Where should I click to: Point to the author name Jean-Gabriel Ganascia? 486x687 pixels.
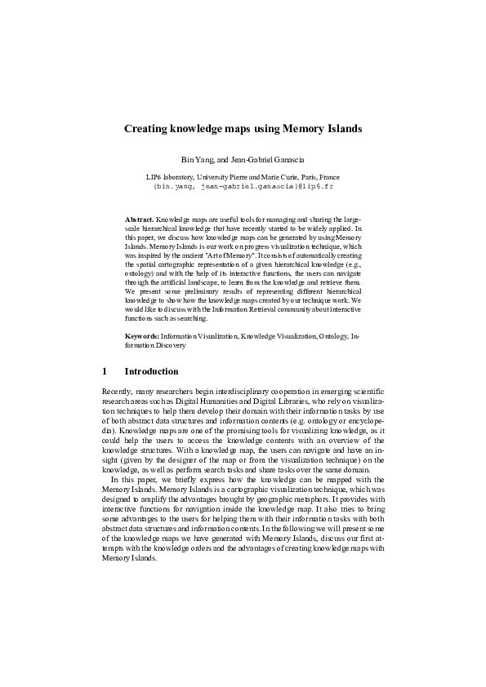point(268,158)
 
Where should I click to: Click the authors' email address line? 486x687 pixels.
point(243,186)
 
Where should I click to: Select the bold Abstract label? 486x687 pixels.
point(139,220)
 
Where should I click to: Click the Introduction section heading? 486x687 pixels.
point(151,371)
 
